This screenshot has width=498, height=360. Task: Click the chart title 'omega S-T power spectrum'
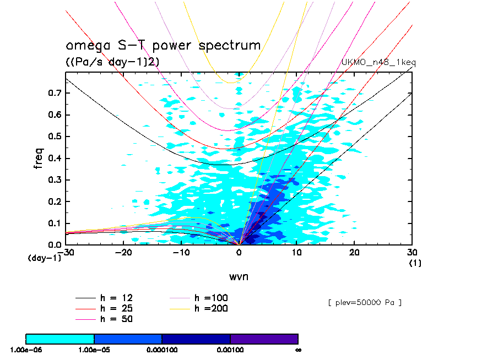point(163,46)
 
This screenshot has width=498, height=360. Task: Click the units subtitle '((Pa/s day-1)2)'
point(112,62)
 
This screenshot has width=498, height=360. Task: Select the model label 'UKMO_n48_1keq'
point(378,62)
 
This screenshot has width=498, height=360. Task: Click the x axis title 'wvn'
point(239,276)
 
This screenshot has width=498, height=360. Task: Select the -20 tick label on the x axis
point(124,252)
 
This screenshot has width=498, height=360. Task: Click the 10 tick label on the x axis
point(296,252)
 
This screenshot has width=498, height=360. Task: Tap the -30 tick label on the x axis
point(66,252)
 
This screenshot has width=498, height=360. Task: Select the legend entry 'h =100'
point(211,298)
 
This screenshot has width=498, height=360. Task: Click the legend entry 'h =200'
point(211,308)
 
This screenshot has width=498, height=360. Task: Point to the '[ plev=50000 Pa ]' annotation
point(364,303)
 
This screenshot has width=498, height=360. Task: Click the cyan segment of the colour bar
point(60,339)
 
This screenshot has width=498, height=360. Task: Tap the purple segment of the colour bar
point(264,339)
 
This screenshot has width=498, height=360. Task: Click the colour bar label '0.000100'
point(161,350)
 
